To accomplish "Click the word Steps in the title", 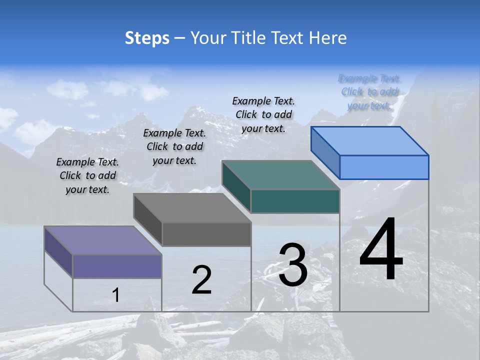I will point(147,38).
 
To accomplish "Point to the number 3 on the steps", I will point(293,264).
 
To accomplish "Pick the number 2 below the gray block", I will point(201,280).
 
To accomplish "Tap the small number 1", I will point(116,295).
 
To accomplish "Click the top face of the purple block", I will point(102,240).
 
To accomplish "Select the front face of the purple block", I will point(117,266).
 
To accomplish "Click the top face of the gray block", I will point(192,208).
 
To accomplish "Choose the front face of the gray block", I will point(206,234).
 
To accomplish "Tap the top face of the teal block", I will point(280,175).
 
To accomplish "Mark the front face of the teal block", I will point(295,201).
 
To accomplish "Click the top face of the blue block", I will point(369,141).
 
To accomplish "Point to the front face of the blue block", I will point(384,167).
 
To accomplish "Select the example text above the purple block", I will point(87,175).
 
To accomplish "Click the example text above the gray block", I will point(174,146).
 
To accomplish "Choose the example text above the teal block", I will point(263,114).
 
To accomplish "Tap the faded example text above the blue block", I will point(369,92).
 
